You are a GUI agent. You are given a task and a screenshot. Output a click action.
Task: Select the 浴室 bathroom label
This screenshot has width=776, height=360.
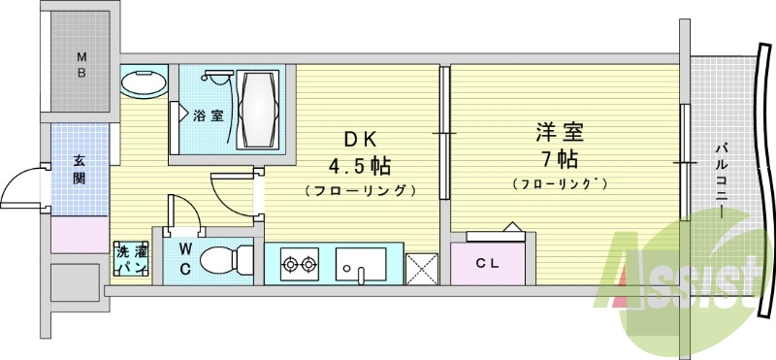point(207,116)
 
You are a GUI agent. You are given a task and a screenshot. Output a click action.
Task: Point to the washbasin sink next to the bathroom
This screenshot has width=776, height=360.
point(144,82)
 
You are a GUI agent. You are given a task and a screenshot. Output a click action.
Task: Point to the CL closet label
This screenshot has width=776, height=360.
point(488,262)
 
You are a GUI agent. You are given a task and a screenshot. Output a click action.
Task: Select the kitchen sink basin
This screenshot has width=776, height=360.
point(361,261)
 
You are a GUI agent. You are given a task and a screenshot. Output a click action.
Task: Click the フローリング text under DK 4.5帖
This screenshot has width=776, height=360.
point(360,189)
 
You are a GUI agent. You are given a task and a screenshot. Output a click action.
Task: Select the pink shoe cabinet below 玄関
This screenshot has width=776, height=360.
point(80,234)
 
